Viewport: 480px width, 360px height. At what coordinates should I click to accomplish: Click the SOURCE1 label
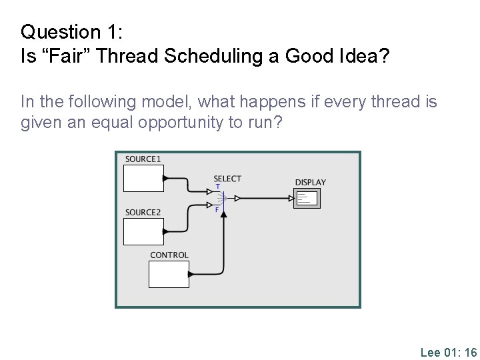click(143, 159)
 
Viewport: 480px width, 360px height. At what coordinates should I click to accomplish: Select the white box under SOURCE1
click(143, 178)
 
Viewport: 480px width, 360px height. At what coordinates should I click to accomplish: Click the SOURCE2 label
click(143, 213)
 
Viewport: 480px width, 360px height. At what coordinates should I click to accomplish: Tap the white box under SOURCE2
click(143, 231)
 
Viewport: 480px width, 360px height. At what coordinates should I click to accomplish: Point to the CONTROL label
click(169, 255)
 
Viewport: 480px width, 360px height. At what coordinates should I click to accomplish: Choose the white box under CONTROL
click(168, 274)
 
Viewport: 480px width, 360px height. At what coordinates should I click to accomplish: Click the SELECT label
click(227, 179)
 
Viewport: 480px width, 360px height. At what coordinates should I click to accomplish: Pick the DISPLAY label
click(311, 182)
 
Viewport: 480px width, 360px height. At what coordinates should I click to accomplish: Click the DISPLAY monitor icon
click(307, 198)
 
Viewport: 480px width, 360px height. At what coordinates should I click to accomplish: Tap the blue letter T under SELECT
click(217, 187)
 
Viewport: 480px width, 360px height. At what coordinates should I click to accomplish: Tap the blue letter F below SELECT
click(217, 209)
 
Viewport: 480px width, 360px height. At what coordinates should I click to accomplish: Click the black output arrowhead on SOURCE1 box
click(166, 178)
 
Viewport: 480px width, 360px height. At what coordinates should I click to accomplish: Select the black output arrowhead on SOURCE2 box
click(166, 231)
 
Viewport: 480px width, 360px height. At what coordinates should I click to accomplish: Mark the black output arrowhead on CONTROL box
click(191, 274)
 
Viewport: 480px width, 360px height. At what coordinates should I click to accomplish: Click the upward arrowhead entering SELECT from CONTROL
click(224, 213)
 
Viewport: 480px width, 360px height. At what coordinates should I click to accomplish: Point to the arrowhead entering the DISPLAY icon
click(291, 198)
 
